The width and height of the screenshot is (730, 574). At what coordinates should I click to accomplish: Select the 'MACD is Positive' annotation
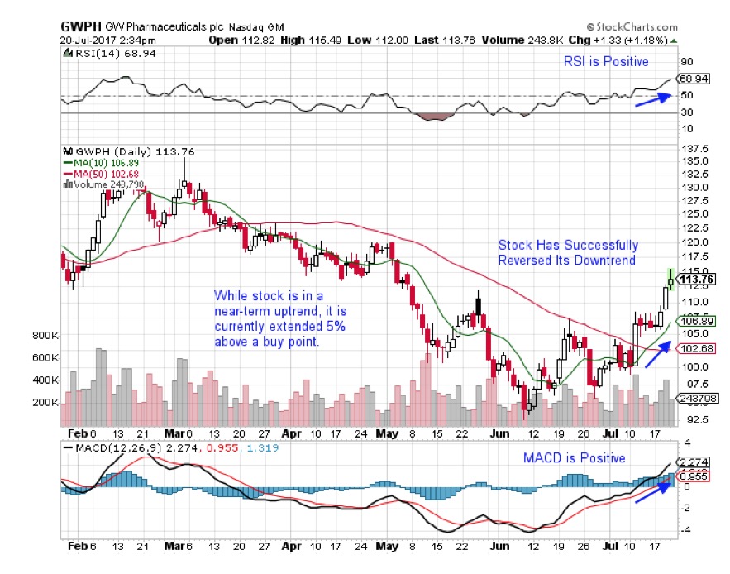[575, 457]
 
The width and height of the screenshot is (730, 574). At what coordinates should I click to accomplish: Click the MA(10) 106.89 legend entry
[102, 164]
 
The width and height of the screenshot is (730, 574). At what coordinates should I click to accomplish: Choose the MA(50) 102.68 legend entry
[102, 174]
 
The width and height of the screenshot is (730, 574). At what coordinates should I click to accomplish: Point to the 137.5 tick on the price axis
[694, 148]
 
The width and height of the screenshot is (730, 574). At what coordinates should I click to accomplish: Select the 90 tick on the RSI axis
[686, 60]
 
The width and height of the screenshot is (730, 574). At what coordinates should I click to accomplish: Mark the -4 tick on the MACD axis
[685, 529]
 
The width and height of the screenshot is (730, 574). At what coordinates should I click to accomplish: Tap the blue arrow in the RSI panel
[651, 98]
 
